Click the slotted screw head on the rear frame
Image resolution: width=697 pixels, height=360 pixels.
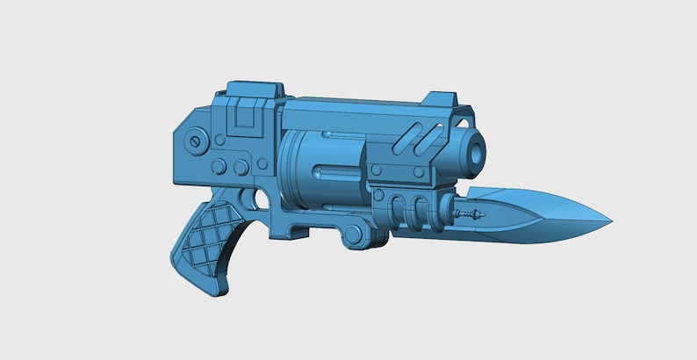point(198,138)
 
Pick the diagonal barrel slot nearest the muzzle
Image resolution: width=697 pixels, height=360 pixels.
point(428,136)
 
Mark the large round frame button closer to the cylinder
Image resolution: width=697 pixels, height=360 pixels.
point(241,166)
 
